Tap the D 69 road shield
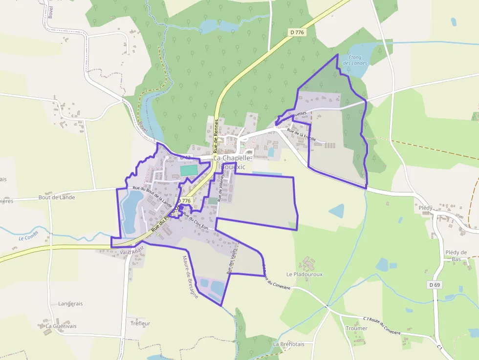point(435,285)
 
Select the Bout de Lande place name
point(57,197)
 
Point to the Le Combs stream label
point(28,238)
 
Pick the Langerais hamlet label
point(70,303)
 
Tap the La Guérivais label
point(61,326)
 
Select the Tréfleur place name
point(140,323)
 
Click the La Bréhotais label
point(288,344)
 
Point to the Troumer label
point(356,328)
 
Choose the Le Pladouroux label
point(305,275)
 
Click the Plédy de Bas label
point(456,256)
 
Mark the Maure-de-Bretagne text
point(190,276)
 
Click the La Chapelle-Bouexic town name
point(232,162)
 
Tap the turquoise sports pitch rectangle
point(189,170)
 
